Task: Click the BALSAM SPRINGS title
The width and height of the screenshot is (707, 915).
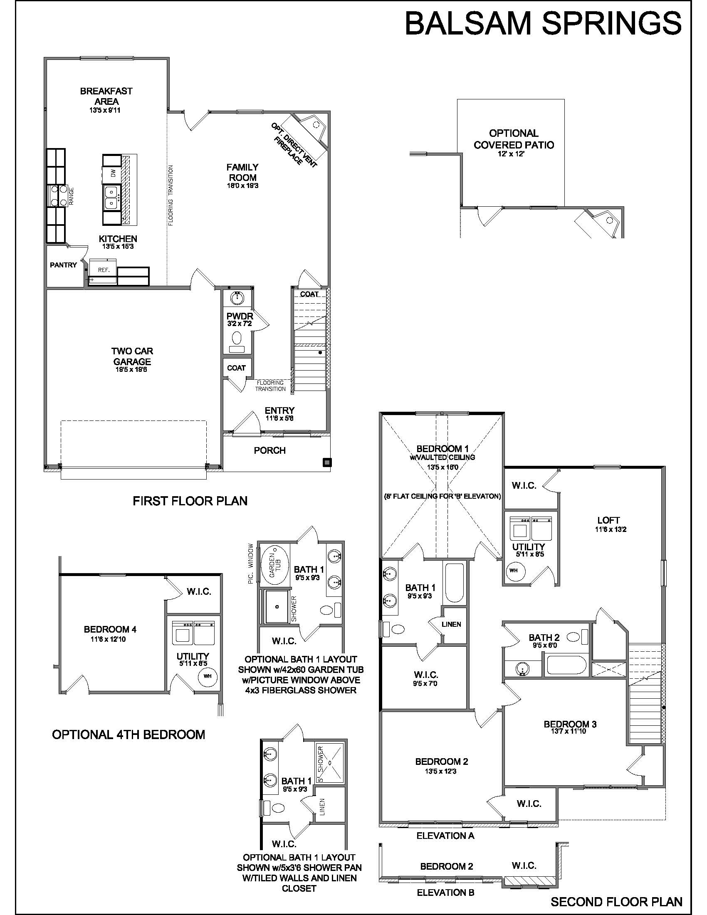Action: pyautogui.click(x=543, y=23)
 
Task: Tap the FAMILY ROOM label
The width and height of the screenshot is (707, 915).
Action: pyautogui.click(x=242, y=172)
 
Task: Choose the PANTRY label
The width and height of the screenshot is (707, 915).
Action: pyautogui.click(x=63, y=265)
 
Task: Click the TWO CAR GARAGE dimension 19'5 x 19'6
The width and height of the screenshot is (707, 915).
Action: pyautogui.click(x=131, y=369)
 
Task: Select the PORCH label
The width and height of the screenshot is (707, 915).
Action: pyautogui.click(x=270, y=450)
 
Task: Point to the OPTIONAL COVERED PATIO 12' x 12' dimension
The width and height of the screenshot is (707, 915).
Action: pyautogui.click(x=514, y=154)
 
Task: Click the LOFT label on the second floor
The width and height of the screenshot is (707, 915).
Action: pyautogui.click(x=608, y=520)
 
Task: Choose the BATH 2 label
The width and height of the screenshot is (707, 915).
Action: pyautogui.click(x=544, y=638)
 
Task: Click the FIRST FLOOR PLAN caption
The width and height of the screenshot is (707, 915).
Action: pyautogui.click(x=190, y=501)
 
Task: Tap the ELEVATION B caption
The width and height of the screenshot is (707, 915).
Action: pyautogui.click(x=446, y=893)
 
